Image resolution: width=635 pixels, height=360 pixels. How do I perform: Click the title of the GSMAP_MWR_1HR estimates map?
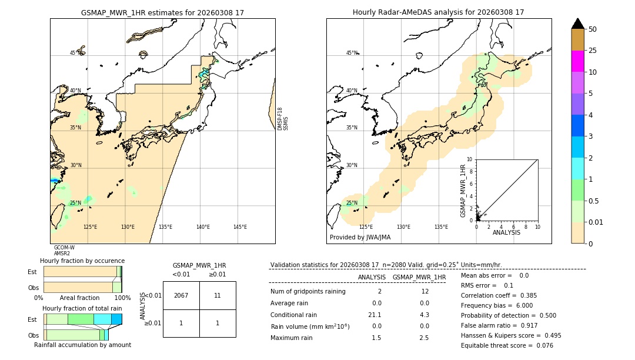click(162, 12)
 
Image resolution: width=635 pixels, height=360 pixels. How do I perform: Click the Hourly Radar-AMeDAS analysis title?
click(438, 12)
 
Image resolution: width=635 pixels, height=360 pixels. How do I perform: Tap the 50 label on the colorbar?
click(593, 29)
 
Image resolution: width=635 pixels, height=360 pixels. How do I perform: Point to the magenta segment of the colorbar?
click(577, 61)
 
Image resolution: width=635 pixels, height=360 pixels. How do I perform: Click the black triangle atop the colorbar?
click(577, 24)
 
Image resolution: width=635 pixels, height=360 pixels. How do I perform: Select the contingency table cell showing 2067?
click(181, 295)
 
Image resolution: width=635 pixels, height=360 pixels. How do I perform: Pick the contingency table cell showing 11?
click(218, 295)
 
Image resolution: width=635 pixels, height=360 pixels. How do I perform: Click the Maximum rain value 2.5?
click(424, 338)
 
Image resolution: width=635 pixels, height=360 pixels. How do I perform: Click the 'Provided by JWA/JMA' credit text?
click(360, 237)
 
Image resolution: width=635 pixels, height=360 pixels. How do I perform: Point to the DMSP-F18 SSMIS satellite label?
click(283, 119)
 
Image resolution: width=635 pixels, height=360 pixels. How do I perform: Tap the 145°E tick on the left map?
click(240, 227)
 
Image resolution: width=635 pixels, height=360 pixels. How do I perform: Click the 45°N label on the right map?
click(351, 53)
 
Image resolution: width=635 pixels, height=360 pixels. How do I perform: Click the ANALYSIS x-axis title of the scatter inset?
click(506, 232)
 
